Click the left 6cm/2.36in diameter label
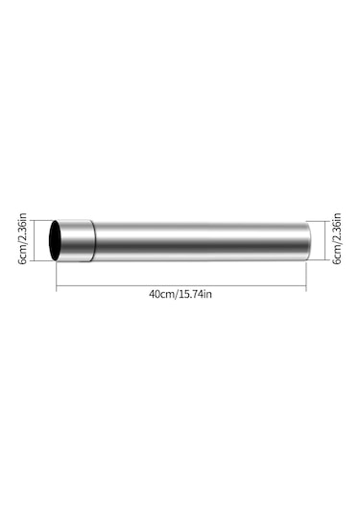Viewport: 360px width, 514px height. point(22,240)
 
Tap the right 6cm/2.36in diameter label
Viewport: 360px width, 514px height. point(336,240)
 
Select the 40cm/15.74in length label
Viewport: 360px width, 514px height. point(180,293)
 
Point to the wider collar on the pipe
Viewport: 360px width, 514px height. point(78,240)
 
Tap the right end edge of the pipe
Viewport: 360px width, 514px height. point(307,240)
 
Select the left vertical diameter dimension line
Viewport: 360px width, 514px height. point(35,240)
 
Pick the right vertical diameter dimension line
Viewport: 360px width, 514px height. point(324,240)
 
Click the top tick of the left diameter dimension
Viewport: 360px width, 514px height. point(35,220)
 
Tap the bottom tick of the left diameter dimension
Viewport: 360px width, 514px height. point(35,261)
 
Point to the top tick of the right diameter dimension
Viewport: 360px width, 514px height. point(324,221)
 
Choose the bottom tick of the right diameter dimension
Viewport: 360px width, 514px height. point(324,260)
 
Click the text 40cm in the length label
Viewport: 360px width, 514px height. point(161,293)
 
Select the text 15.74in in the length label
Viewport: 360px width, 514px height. point(194,293)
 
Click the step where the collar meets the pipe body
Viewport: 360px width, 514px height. point(94,240)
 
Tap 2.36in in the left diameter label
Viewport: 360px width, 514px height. point(22,231)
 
